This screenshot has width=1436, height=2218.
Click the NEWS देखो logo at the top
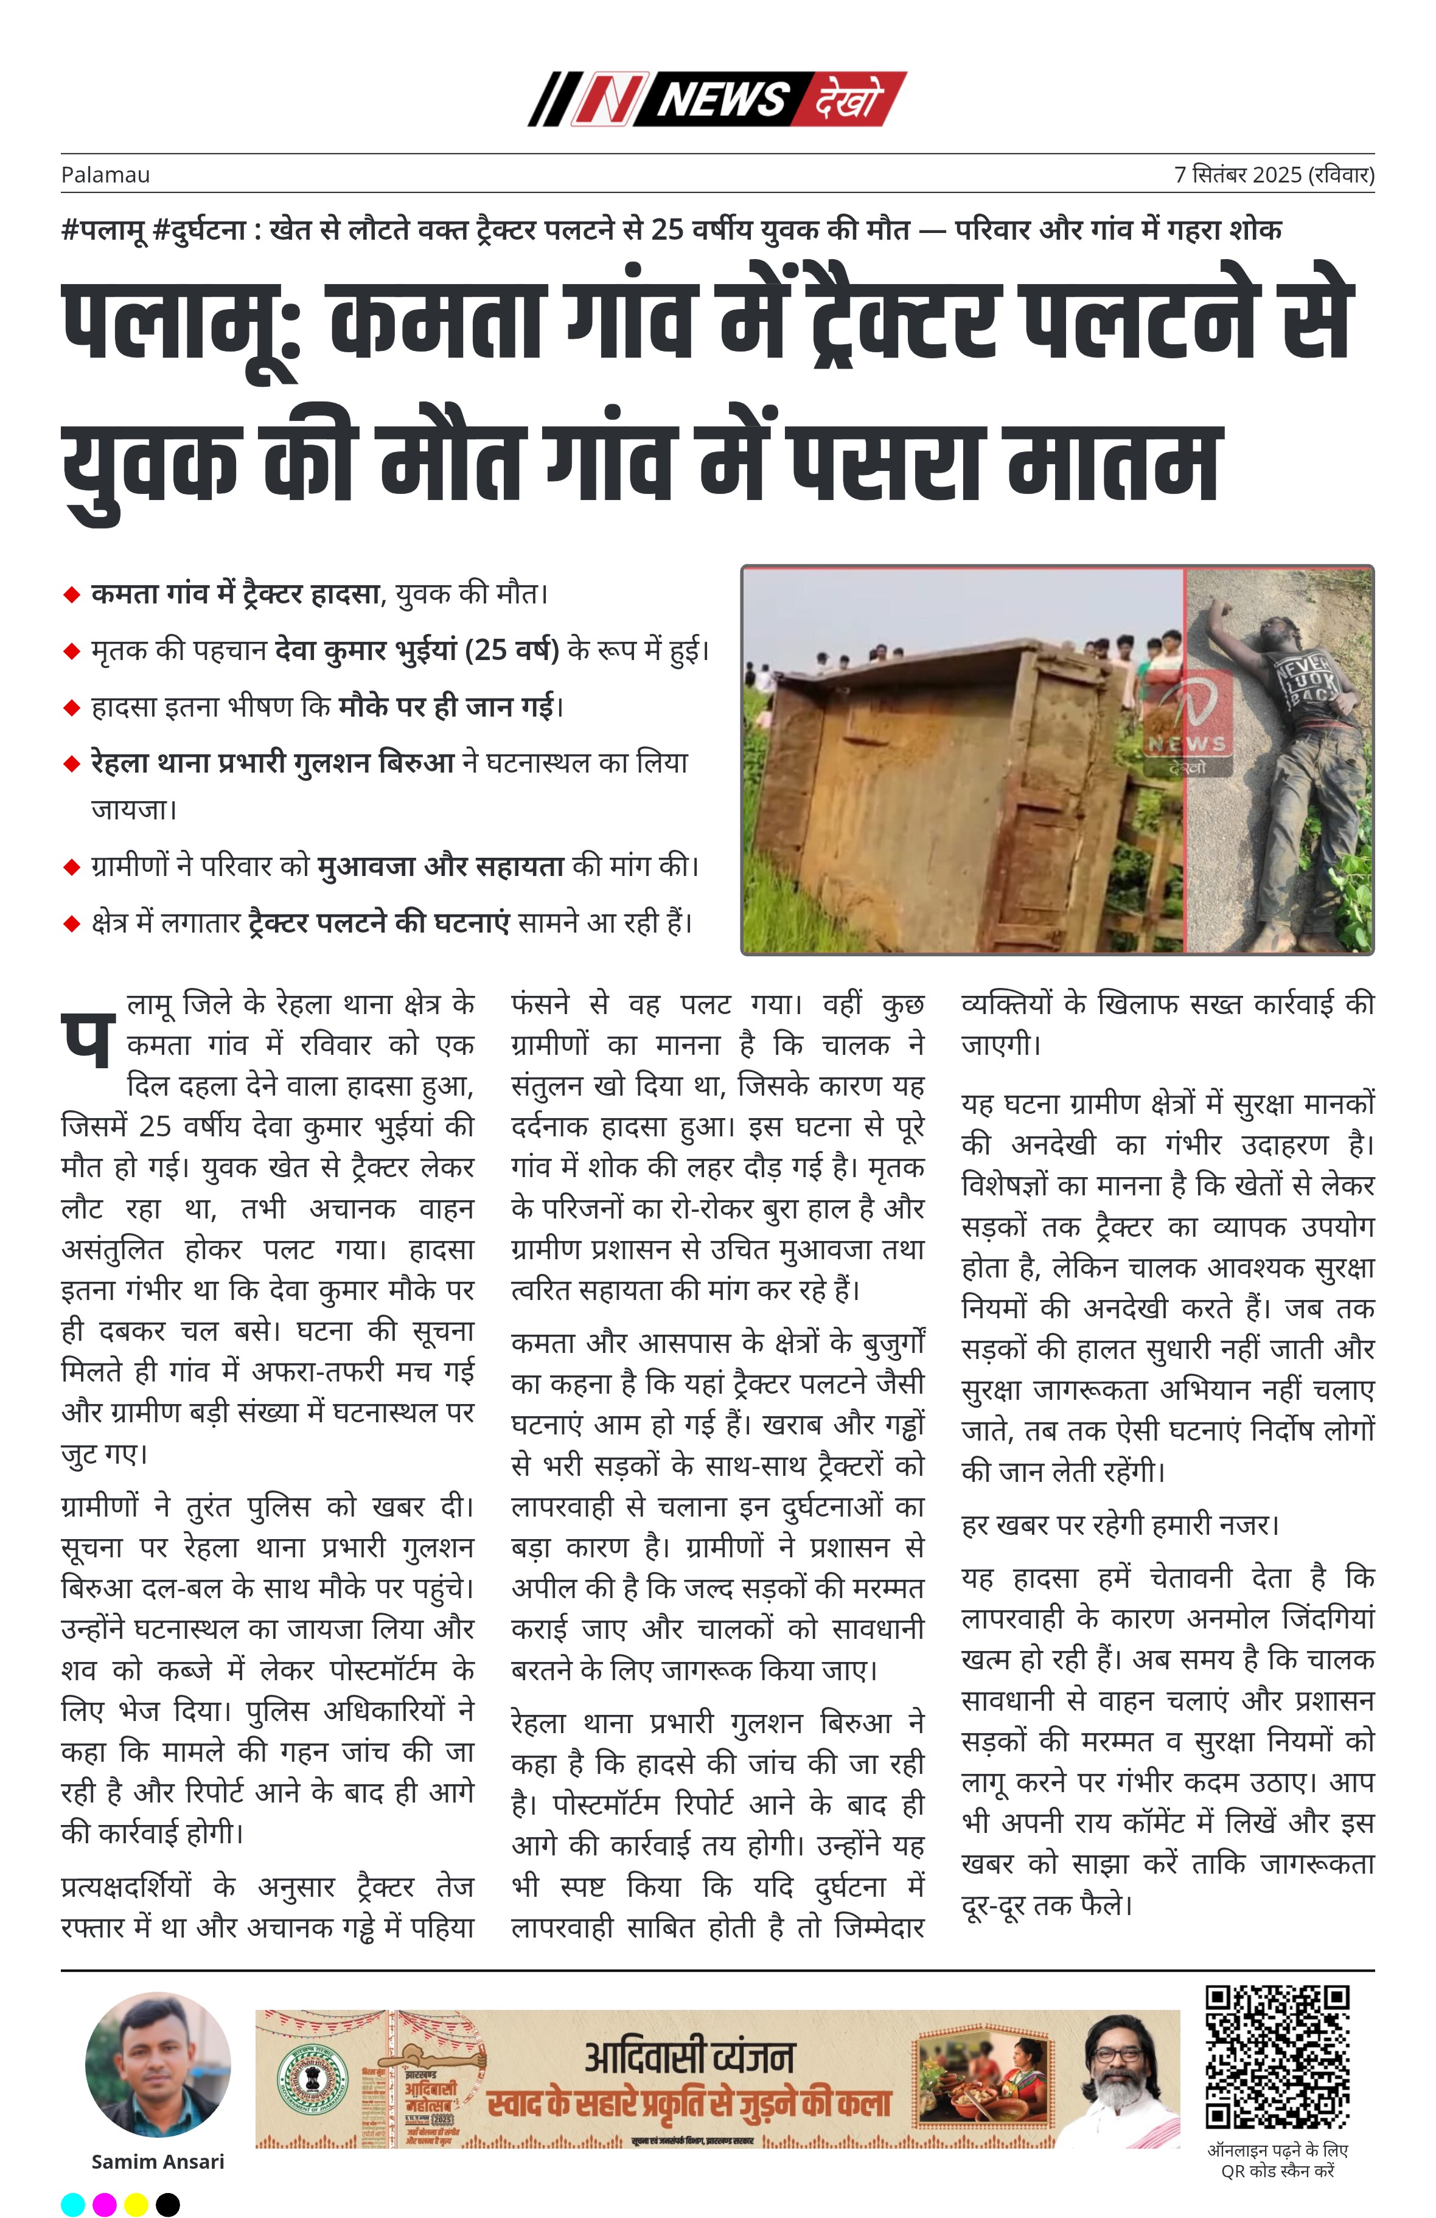[717, 99]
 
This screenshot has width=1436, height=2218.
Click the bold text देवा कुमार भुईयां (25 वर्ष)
[417, 650]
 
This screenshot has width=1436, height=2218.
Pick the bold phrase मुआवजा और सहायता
[440, 866]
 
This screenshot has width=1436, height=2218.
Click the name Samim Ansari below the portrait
[158, 2162]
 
